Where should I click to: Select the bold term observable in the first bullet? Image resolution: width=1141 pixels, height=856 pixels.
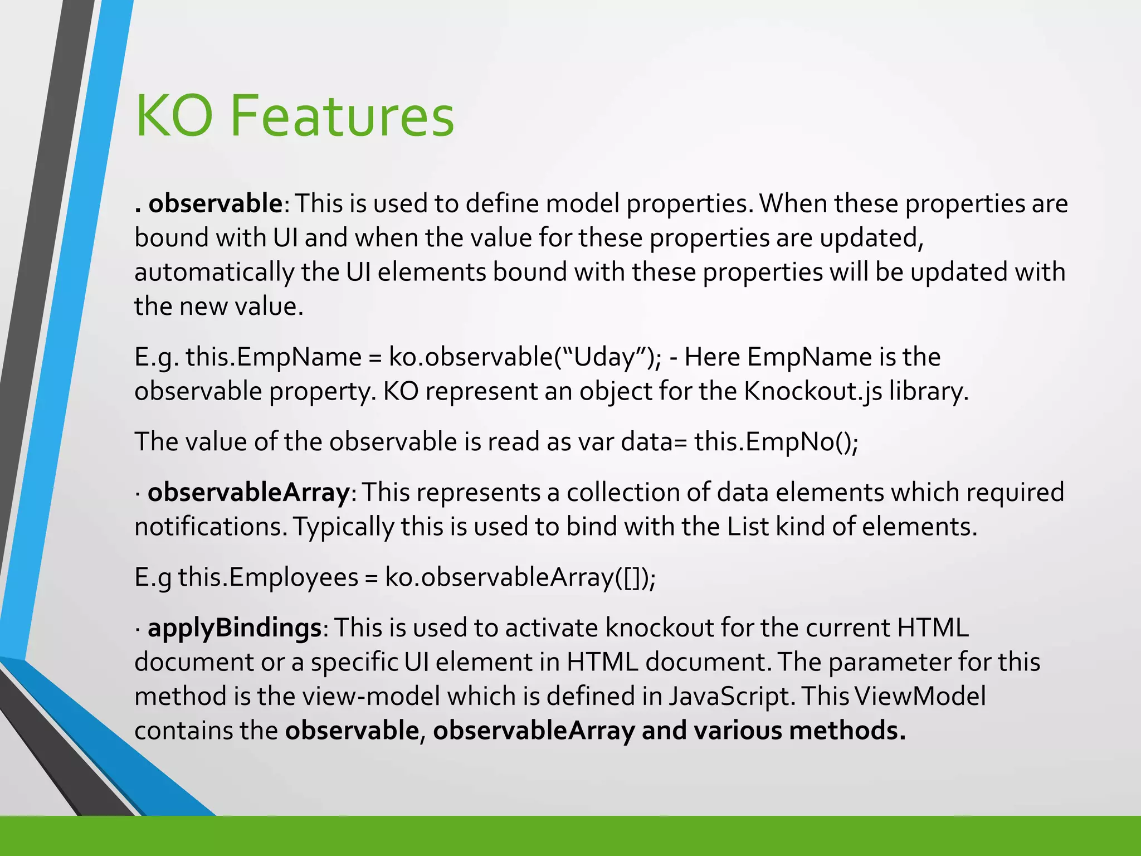pos(215,203)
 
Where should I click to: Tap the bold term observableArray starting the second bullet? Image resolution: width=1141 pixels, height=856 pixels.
pos(248,493)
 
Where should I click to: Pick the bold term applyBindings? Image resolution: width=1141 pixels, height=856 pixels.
pos(234,628)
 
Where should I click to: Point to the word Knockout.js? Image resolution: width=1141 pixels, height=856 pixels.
pos(813,391)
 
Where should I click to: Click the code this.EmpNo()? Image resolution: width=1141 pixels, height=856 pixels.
pos(776,442)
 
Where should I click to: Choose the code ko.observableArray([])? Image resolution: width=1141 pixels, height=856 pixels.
pos(520,577)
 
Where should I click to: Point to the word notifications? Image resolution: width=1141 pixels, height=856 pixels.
pos(210,527)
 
